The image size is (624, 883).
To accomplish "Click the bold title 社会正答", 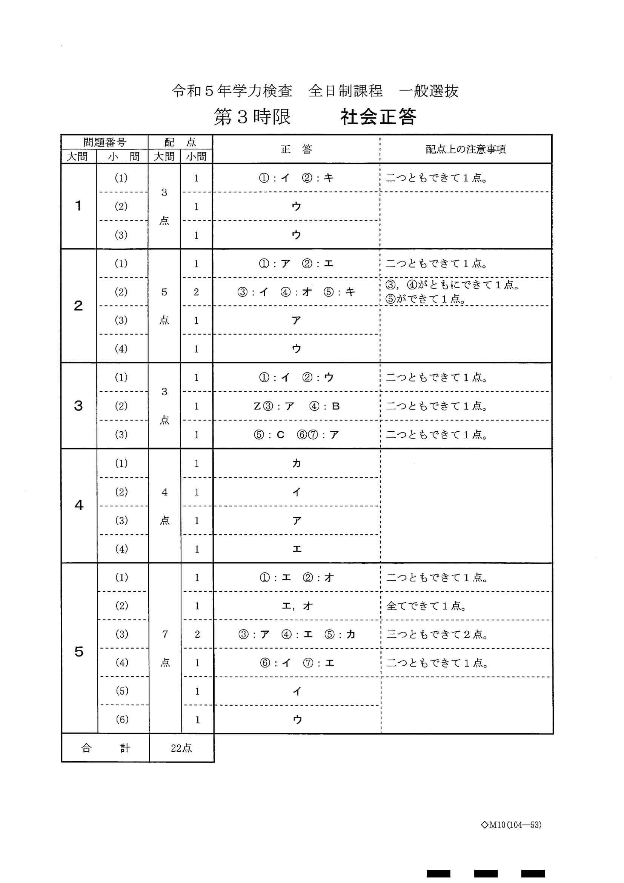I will (x=378, y=117).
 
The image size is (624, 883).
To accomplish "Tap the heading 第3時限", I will (x=252, y=117).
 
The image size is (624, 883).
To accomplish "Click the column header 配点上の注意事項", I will (x=466, y=149).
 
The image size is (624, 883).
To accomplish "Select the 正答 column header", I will (x=296, y=149).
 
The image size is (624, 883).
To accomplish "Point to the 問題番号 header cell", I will (x=105, y=142).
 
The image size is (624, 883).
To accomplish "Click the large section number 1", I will (x=78, y=206).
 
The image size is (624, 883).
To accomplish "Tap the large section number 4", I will (x=79, y=505).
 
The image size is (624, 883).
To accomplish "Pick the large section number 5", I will (x=79, y=651).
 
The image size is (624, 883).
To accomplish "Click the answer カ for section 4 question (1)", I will (x=296, y=463).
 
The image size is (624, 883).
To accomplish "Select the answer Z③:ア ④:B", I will (x=297, y=406).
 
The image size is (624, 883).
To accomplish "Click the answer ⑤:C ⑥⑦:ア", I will (x=296, y=435).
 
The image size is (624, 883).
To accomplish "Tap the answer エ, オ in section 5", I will (x=297, y=606).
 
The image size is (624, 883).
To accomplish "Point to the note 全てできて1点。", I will (x=426, y=606).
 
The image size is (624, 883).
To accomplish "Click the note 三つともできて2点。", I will (x=437, y=635).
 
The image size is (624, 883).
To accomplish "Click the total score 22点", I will (x=181, y=748).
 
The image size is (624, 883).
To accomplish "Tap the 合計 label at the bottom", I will (x=105, y=748).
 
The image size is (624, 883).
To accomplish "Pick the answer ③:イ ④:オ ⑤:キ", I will (x=296, y=292).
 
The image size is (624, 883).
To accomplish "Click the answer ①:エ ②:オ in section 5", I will (x=297, y=578).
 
